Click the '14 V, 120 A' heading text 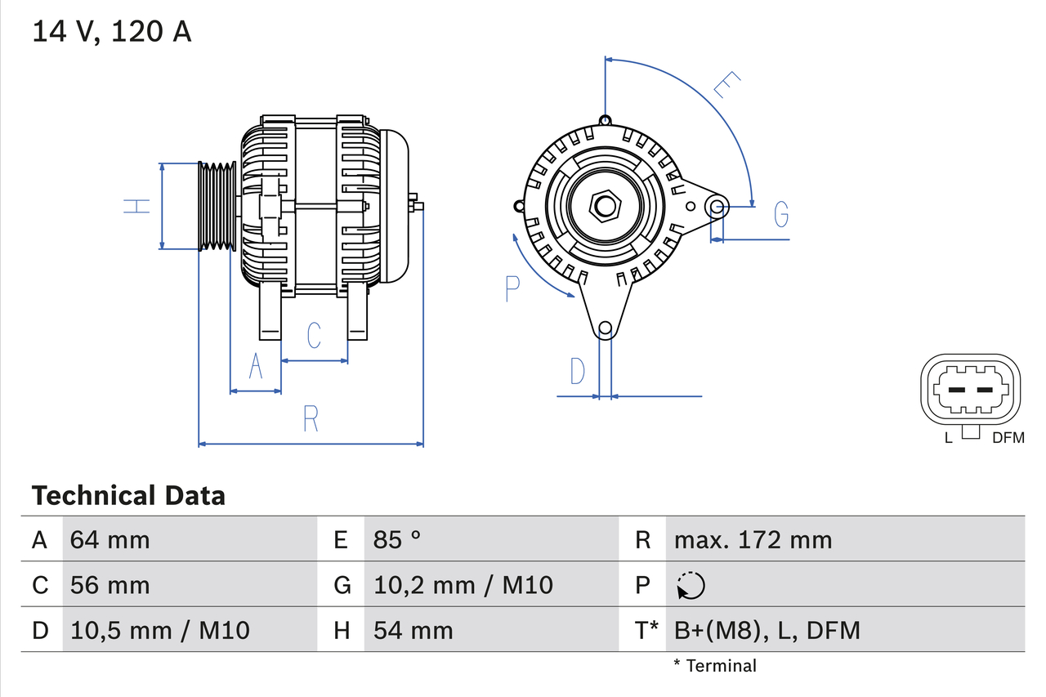112,31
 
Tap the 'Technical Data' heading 128,495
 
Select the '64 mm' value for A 110,539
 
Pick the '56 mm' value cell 110,585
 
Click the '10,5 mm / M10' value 159,630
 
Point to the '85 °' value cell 397,539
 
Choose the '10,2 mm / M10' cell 463,585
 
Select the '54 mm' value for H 413,630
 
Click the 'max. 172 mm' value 753,539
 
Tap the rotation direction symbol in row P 691,585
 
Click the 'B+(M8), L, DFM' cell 767,630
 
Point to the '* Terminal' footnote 715,666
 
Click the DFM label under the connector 1008,438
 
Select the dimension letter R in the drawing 311,418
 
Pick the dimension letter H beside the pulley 137,206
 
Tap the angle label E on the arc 726,85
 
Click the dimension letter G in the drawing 781,214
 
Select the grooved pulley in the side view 217,206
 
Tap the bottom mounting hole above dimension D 605,329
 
